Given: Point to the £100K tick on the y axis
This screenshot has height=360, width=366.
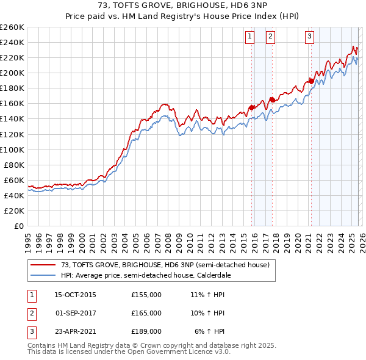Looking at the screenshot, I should [x=12, y=149].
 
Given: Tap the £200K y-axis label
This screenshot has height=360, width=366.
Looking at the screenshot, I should [x=12, y=73].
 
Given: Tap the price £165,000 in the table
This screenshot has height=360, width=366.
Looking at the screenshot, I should [x=146, y=313].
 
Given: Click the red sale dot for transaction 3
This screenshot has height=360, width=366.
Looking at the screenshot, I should [x=311, y=81].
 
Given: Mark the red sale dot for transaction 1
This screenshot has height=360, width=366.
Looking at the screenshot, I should [x=251, y=107].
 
